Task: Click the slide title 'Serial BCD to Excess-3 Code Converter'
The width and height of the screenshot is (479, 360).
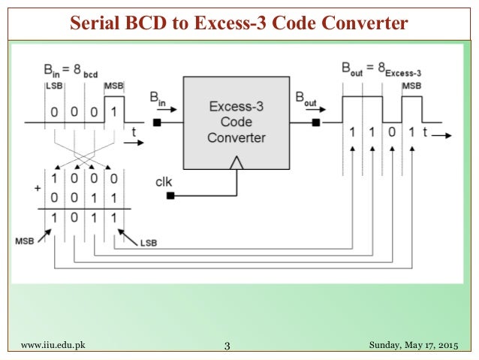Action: [x=239, y=23]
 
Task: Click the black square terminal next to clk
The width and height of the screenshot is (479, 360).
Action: [x=171, y=195]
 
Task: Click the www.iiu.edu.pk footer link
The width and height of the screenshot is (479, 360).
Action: [x=53, y=345]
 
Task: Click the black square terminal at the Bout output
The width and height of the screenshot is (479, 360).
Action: [x=316, y=123]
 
